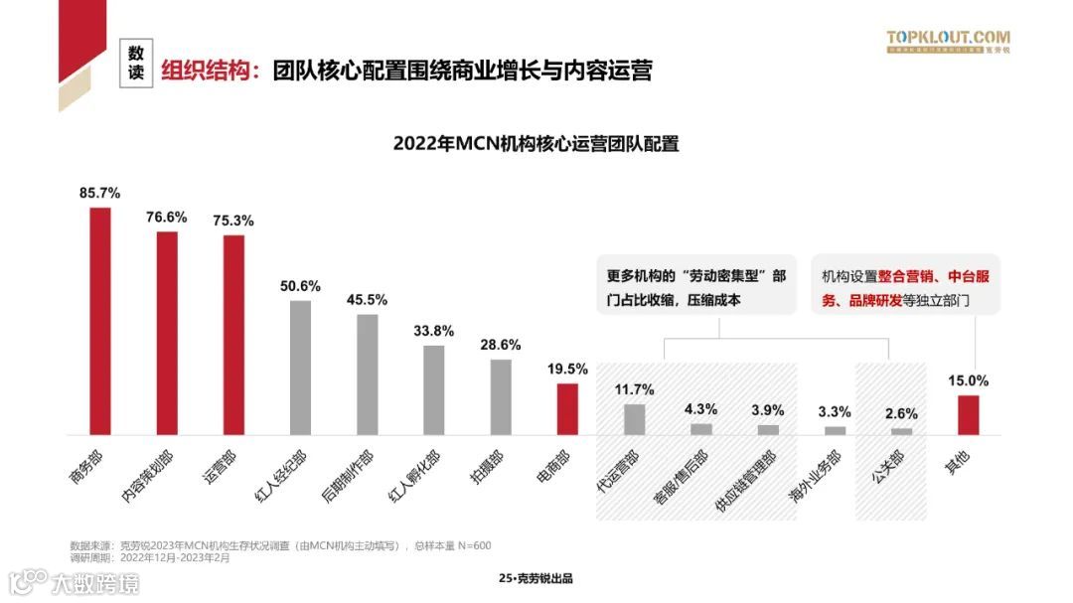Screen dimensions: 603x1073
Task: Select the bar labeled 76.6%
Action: (x=167, y=333)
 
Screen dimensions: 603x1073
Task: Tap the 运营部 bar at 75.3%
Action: (x=233, y=335)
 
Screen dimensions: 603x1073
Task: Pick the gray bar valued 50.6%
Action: (x=300, y=368)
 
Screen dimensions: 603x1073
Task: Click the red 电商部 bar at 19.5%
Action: (x=566, y=409)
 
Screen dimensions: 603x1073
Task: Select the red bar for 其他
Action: (x=968, y=415)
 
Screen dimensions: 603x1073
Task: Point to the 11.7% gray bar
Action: (x=634, y=419)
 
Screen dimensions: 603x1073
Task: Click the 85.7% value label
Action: (x=100, y=193)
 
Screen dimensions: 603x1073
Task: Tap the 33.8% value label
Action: (x=433, y=331)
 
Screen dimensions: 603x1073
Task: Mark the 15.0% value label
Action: (x=968, y=380)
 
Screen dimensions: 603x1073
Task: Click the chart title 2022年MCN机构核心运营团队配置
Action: (x=536, y=143)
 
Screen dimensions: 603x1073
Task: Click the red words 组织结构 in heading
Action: (x=210, y=71)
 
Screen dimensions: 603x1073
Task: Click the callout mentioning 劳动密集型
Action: (x=695, y=287)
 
